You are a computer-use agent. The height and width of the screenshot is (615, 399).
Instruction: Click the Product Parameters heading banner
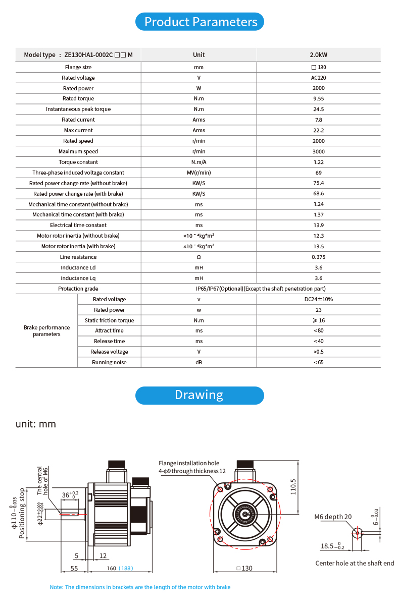tap(200, 22)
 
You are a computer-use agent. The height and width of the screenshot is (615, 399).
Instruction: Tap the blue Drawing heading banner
tap(199, 395)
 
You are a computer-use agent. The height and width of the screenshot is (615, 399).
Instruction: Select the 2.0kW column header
tap(318, 54)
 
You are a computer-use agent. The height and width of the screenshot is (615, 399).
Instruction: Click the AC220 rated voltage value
tap(318, 78)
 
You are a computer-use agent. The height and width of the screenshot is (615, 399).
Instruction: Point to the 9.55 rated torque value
tap(318, 99)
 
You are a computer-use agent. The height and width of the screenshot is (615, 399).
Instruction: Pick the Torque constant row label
tap(78, 162)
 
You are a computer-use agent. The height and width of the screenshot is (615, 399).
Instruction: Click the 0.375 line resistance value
tap(318, 257)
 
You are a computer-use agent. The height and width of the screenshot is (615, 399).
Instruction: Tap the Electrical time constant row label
tap(78, 225)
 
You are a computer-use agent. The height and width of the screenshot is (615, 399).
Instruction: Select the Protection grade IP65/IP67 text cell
tap(261, 289)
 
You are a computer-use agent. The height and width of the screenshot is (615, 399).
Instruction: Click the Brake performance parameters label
tap(46, 331)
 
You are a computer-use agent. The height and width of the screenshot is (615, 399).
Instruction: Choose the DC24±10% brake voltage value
tap(318, 299)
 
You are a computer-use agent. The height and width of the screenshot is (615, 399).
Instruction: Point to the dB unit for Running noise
tap(199, 362)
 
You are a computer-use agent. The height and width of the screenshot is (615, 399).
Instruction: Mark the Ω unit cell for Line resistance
tap(199, 257)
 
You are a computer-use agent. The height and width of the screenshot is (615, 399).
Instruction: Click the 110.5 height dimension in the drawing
tap(293, 486)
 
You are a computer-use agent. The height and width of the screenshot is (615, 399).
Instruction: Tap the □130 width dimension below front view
tap(244, 568)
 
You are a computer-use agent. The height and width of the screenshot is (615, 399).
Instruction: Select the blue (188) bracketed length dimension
tap(126, 568)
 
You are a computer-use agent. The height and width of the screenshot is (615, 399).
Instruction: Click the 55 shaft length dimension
tap(74, 568)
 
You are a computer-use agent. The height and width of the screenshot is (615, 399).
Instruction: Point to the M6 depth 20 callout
tap(333, 517)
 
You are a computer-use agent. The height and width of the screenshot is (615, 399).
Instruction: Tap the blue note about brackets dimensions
tap(140, 587)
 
